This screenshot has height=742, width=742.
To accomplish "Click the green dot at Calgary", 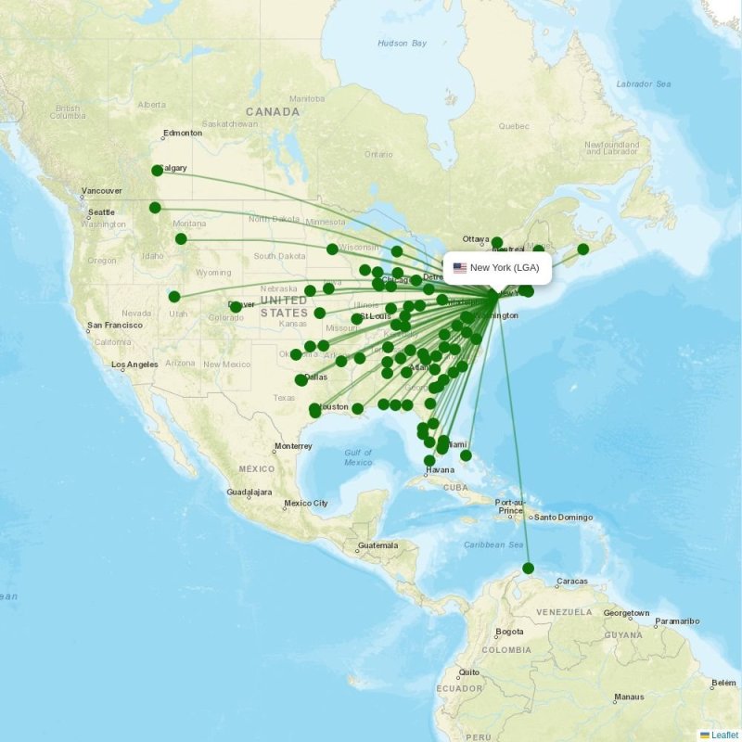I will (157, 170).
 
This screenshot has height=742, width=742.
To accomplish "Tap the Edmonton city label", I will (183, 133).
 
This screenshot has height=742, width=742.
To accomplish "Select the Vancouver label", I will (101, 190).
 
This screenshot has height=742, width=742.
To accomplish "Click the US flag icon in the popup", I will (459, 268).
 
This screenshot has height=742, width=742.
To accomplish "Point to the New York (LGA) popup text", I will (505, 268).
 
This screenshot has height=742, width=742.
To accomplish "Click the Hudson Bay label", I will (403, 44).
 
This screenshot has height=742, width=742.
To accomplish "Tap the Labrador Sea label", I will (650, 83).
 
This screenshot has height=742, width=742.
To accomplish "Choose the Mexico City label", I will (306, 504).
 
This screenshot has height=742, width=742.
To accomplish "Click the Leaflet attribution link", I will (724, 735).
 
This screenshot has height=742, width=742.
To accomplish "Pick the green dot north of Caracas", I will (529, 568).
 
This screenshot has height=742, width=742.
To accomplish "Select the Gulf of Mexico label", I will (358, 457).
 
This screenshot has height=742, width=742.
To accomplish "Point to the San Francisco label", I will (115, 326).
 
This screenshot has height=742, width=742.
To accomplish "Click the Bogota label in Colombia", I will (509, 632).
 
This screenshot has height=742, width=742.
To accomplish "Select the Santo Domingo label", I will (562, 517).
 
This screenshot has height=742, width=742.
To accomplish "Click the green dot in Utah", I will (174, 297).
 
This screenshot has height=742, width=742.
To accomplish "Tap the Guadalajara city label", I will (249, 492).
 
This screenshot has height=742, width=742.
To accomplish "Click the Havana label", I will (441, 469).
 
